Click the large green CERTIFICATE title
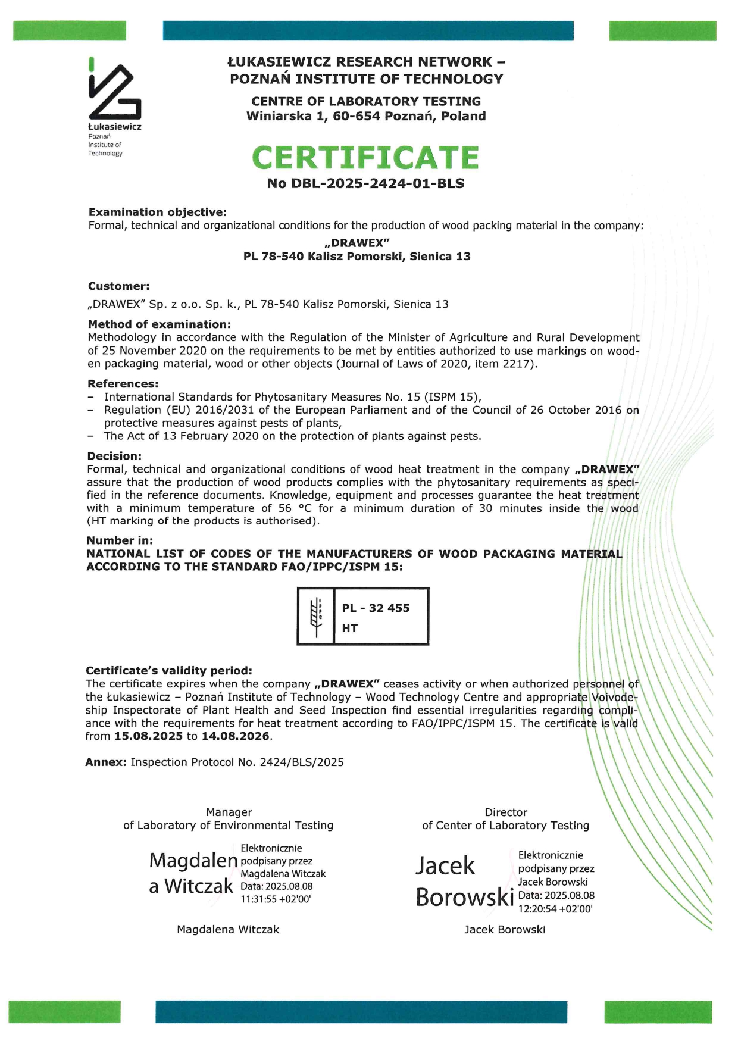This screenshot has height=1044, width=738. (x=365, y=158)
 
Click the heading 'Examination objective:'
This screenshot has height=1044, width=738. (x=158, y=212)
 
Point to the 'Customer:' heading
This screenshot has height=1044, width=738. (x=118, y=286)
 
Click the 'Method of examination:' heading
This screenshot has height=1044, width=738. (x=159, y=324)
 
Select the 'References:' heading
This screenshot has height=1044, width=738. (x=123, y=384)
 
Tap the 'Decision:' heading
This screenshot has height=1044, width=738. (x=114, y=456)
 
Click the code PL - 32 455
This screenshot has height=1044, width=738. (x=376, y=608)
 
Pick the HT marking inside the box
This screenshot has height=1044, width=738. (x=349, y=628)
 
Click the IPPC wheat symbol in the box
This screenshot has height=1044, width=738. (x=315, y=616)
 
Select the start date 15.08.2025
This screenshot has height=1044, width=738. (x=148, y=736)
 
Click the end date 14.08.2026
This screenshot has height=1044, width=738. (x=235, y=736)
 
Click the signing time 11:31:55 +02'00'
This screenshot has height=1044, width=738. (x=276, y=899)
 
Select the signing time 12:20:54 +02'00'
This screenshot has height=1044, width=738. (x=555, y=909)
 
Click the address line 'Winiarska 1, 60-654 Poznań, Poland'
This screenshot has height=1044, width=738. (x=366, y=116)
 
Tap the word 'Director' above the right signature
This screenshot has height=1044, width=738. (x=506, y=812)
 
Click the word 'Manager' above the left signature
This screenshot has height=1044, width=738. (x=229, y=812)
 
